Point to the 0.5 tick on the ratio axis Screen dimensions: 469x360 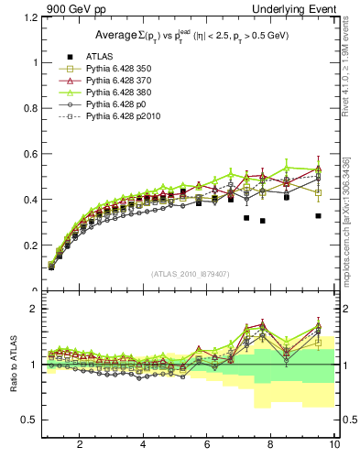click(29, 420)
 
